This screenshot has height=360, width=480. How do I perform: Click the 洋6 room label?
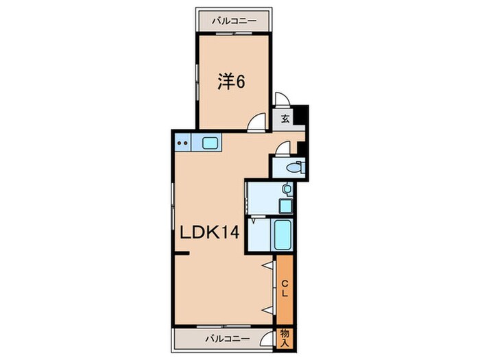[x=231, y=82]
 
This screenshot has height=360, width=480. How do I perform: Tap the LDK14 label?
[x=209, y=233]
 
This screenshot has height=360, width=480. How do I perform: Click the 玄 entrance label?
[x=285, y=118]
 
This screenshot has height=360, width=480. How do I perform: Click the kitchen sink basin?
[x=211, y=143]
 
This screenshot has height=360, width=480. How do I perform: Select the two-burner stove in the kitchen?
[x=183, y=143]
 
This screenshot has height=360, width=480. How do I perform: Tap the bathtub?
[x=282, y=237]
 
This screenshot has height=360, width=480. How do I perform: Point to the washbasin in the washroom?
[x=287, y=189]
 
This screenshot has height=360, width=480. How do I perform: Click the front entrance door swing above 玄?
[x=282, y=100]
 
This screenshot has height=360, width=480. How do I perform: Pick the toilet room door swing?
[x=284, y=147]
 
